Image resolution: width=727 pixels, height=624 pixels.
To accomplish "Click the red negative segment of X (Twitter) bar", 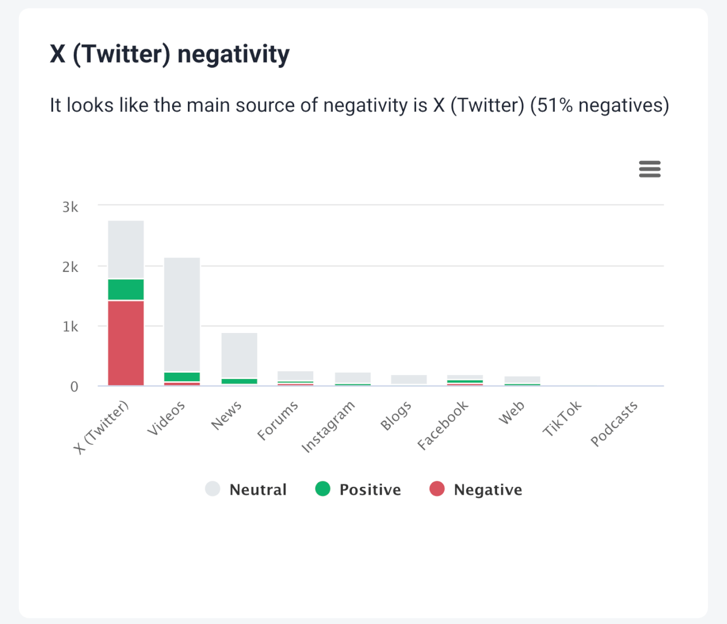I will click(126, 343).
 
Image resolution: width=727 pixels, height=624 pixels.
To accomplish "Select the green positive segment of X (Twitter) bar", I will click(126, 289).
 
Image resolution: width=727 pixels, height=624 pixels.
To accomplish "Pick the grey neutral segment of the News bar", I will click(239, 355).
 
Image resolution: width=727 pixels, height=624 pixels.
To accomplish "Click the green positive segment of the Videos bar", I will click(182, 377).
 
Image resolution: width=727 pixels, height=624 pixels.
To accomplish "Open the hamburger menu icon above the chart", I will click(649, 169).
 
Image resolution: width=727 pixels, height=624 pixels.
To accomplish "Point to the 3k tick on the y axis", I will click(70, 207).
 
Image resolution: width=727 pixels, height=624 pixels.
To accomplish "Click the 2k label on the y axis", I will click(70, 267).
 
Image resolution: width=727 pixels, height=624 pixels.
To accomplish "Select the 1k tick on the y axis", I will click(70, 327).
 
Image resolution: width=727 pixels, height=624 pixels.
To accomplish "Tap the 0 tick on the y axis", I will click(74, 387).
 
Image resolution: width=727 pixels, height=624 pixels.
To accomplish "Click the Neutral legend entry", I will click(247, 490).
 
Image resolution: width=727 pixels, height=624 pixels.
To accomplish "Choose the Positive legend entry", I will click(358, 490).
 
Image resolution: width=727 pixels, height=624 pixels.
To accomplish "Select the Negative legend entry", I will click(476, 490).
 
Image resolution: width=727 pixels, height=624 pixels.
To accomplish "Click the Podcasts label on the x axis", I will click(614, 424).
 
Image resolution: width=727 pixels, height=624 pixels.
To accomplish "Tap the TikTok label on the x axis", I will click(562, 419).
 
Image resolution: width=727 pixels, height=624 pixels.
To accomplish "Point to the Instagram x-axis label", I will click(328, 426).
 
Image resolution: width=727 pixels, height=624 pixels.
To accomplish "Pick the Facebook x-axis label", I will click(442, 425).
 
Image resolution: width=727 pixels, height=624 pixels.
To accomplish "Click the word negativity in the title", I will click(233, 55).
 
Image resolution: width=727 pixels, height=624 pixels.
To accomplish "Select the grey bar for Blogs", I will click(409, 379).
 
